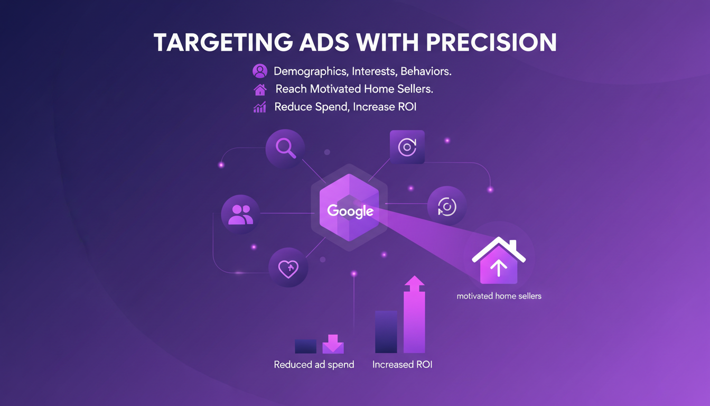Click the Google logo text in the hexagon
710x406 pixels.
350,211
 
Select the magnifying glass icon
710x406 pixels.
285,149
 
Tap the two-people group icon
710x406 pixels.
241,215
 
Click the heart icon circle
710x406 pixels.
288,269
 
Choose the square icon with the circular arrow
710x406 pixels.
407,147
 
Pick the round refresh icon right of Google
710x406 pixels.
446,206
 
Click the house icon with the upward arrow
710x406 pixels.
499,260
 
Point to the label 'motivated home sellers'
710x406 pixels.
499,296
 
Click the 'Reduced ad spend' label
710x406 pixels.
314,365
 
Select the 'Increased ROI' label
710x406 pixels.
402,365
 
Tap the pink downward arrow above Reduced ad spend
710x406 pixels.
333,344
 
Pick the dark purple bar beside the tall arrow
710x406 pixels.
386,331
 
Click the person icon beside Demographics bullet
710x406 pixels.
260,71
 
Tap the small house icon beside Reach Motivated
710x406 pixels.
260,89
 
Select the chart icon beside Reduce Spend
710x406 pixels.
260,107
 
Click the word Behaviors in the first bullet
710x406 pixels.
426,71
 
